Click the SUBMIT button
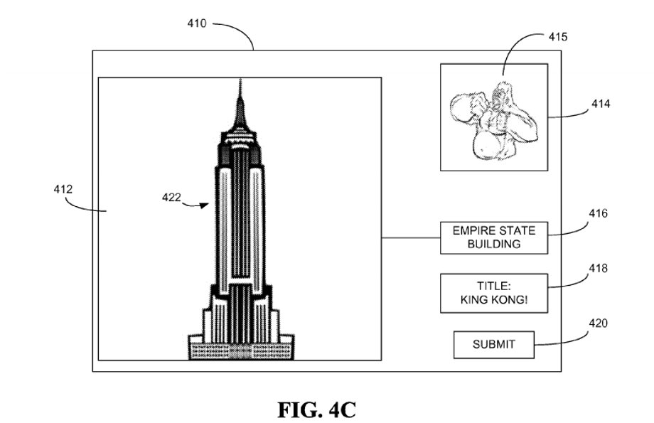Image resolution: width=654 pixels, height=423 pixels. pyautogui.click(x=494, y=345)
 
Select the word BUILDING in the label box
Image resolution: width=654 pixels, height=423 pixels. pyautogui.click(x=494, y=244)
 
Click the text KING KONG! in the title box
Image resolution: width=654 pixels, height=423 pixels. pyautogui.click(x=494, y=300)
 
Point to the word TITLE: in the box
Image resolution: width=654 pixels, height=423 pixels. pyautogui.click(x=494, y=287)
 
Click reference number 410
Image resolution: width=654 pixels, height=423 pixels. pyautogui.click(x=196, y=23)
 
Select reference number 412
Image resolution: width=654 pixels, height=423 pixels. pyautogui.click(x=63, y=189)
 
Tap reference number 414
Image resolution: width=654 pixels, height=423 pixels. pyautogui.click(x=601, y=104)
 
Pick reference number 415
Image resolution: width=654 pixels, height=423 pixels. pyautogui.click(x=557, y=37)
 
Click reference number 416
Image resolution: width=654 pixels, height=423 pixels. pyautogui.click(x=598, y=213)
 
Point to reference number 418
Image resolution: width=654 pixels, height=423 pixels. pyautogui.click(x=598, y=268)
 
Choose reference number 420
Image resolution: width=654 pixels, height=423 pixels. pyautogui.click(x=598, y=323)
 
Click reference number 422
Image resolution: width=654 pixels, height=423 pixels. pyautogui.click(x=171, y=198)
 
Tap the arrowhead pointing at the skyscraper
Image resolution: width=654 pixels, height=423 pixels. pyautogui.click(x=204, y=205)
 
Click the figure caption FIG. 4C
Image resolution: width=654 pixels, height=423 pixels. pyautogui.click(x=316, y=410)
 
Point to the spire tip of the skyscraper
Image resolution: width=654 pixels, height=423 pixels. pyautogui.click(x=240, y=79)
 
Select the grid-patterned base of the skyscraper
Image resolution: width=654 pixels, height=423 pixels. pyautogui.click(x=241, y=350)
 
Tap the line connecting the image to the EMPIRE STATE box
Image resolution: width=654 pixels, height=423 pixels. pyautogui.click(x=411, y=238)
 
